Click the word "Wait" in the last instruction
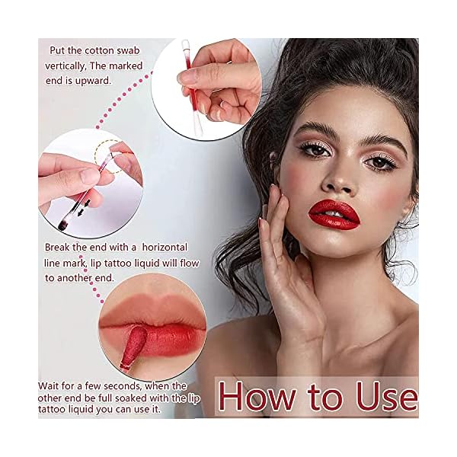point(52,386)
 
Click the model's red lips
point(334,213)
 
